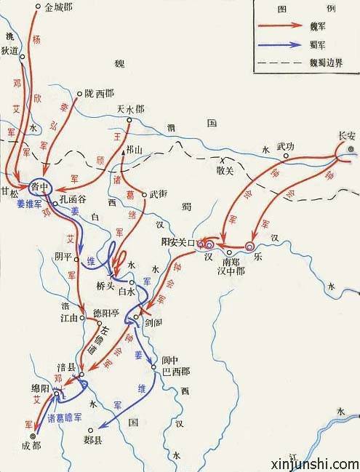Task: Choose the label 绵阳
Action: coord(41,389)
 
